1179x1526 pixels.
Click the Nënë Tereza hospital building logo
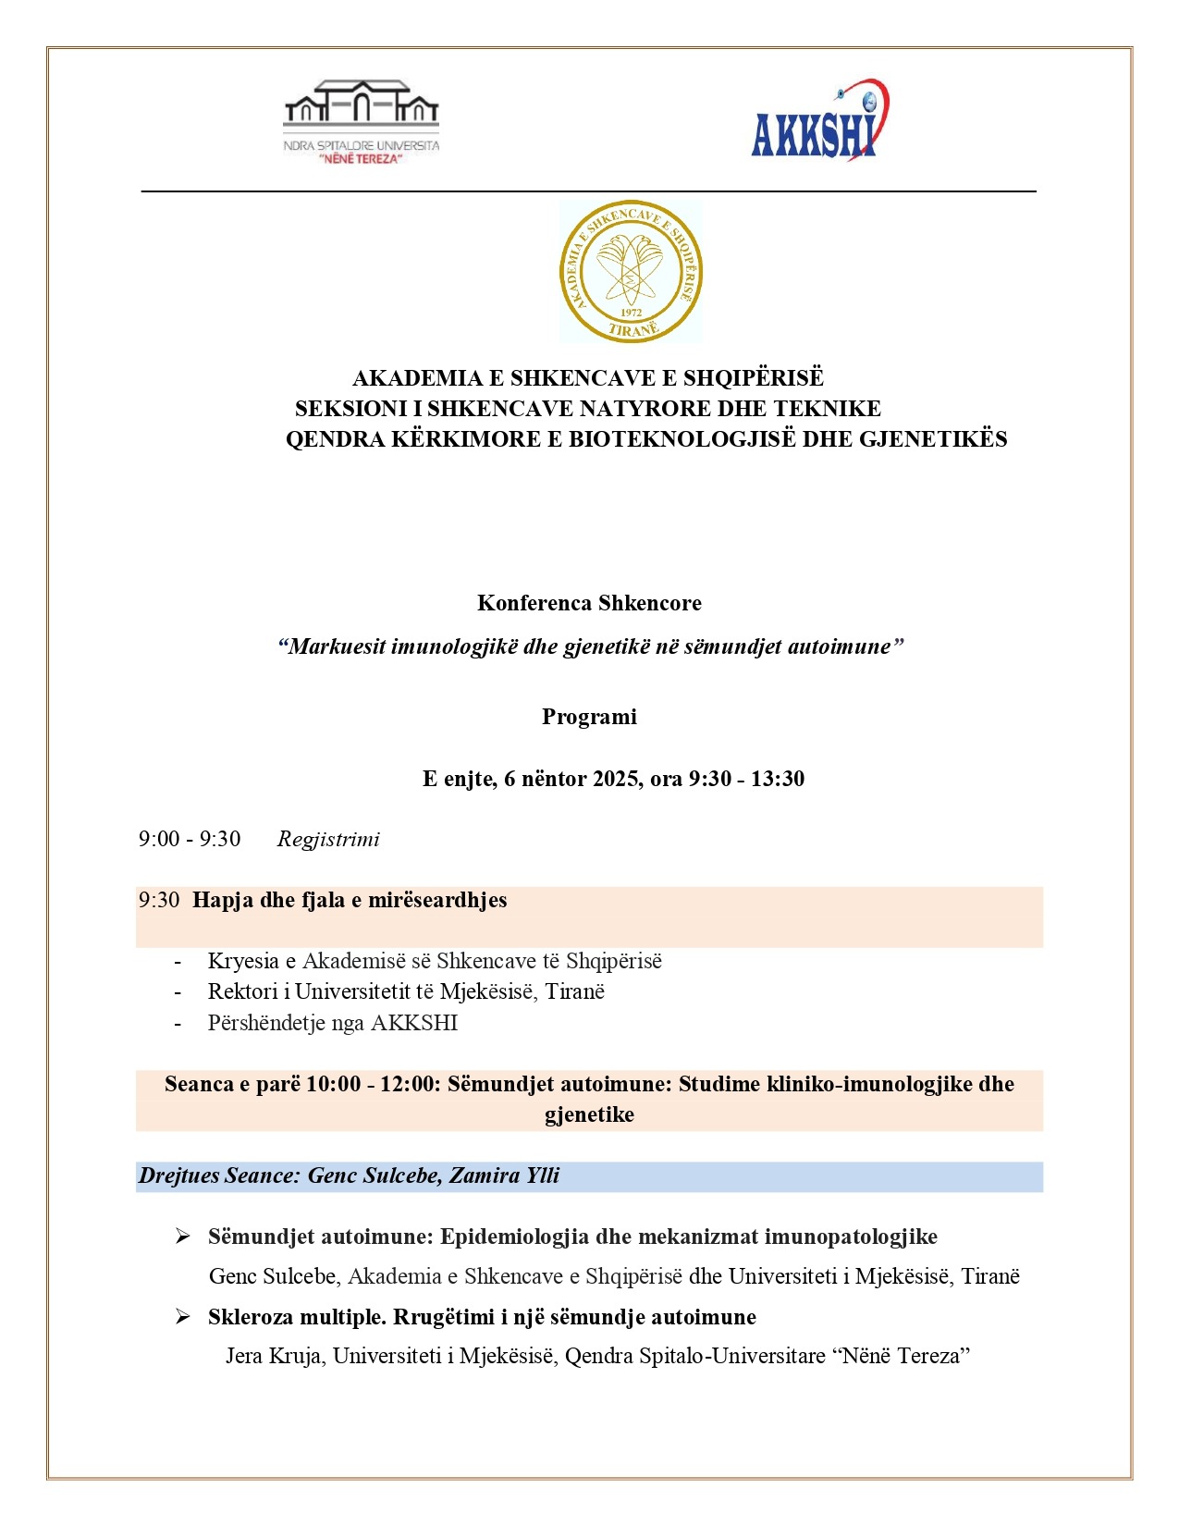tap(361, 121)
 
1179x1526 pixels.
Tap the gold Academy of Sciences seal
tap(631, 272)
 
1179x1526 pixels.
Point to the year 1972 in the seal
tap(631, 313)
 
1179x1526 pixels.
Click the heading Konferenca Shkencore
tap(589, 603)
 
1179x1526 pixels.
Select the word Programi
tap(589, 717)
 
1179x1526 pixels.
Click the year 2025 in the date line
tap(615, 779)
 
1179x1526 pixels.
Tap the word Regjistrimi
tap(328, 840)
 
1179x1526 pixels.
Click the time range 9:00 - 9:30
tap(190, 840)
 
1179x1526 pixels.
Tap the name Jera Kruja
tap(274, 1356)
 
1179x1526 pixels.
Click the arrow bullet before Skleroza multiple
tap(182, 1316)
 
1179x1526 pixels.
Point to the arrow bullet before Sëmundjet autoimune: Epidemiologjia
tap(182, 1237)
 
